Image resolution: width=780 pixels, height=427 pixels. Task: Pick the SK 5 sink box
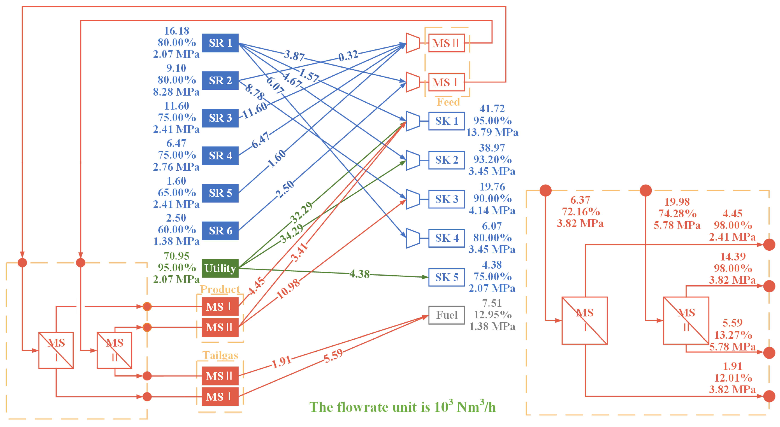coord(446,277)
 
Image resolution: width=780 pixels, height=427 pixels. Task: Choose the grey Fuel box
coord(446,315)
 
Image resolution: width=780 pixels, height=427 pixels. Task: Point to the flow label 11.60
coord(255,110)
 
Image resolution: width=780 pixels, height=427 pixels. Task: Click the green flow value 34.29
coord(291,234)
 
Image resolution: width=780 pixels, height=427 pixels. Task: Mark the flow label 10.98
coord(288,289)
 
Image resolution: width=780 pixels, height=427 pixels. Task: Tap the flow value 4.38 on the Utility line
coord(359,274)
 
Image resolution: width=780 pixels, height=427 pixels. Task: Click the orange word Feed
coord(448,102)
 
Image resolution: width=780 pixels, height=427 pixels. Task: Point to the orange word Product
coord(220,289)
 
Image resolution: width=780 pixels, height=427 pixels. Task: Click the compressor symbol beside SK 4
coord(413,238)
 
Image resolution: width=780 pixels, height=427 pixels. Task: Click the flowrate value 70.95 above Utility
coord(177,256)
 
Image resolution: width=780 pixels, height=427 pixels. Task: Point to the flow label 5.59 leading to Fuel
coord(333,356)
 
